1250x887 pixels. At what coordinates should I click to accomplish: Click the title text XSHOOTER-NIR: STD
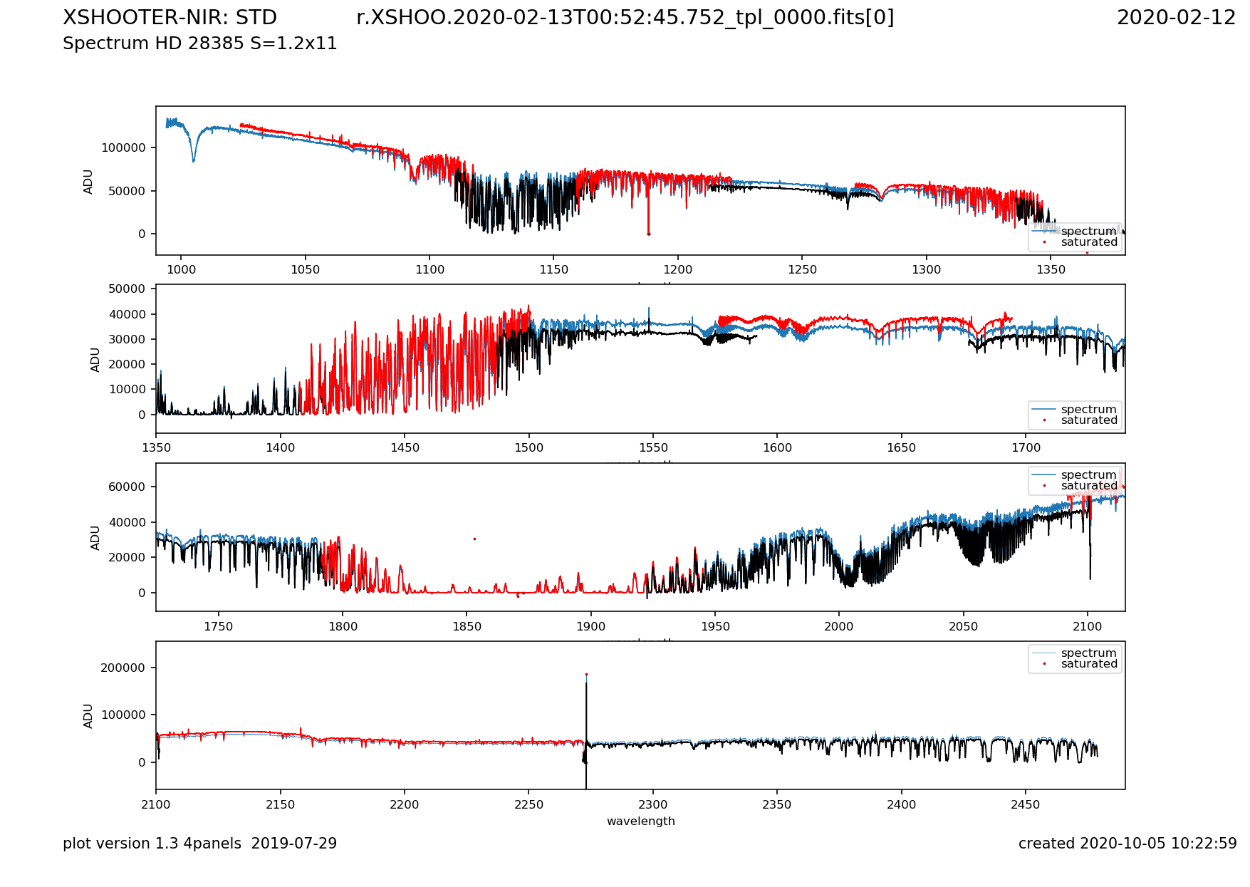[170, 18]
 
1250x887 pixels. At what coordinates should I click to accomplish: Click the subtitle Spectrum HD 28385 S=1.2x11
[199, 43]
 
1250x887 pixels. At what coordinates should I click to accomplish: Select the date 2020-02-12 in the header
[1176, 18]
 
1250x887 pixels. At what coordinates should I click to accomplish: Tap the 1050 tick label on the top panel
[305, 270]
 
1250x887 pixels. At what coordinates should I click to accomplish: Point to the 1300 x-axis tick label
[926, 270]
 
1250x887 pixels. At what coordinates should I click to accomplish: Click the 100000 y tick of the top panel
[123, 148]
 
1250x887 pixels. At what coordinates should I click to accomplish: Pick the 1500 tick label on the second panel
[528, 448]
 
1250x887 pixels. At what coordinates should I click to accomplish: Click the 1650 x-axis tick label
[902, 448]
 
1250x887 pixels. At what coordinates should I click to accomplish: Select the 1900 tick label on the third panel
[590, 627]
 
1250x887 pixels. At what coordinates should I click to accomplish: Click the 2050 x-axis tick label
[963, 627]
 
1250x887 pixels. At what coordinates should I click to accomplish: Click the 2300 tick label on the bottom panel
[652, 805]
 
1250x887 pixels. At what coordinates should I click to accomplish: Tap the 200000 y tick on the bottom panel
[123, 668]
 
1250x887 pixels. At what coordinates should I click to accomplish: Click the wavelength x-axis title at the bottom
[640, 821]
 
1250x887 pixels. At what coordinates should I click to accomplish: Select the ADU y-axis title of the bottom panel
[88, 715]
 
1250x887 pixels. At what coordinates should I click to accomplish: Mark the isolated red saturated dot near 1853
[474, 539]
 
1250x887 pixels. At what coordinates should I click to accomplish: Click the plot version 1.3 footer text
[199, 844]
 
